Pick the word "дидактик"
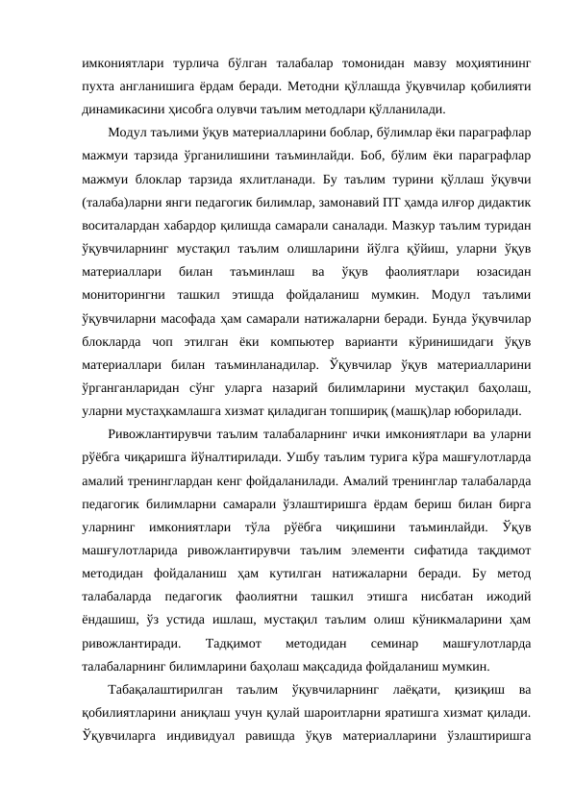click(488, 204)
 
